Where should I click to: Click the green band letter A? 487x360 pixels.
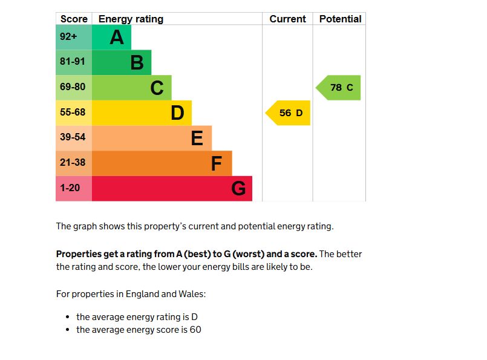117,38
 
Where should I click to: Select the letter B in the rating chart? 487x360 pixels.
137,62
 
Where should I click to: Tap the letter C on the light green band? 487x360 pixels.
157,88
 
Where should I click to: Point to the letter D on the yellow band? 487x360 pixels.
177,113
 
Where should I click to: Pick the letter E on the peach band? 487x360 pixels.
197,139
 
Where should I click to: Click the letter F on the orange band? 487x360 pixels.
217,163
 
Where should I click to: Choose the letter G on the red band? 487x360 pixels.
238,189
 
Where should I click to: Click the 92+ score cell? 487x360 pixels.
68,37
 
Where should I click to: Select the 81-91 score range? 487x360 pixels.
73,62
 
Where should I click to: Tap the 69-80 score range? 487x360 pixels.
73,87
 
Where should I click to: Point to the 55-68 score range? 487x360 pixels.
73,113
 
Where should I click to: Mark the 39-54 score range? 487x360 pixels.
73,137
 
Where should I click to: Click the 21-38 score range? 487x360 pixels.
73,163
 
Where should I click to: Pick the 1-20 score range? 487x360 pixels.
70,188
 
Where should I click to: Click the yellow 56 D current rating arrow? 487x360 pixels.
289,113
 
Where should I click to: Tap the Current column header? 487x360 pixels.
287,19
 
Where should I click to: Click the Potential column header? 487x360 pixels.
340,19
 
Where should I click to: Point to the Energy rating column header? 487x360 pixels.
131,19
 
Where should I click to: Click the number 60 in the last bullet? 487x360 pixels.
195,330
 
